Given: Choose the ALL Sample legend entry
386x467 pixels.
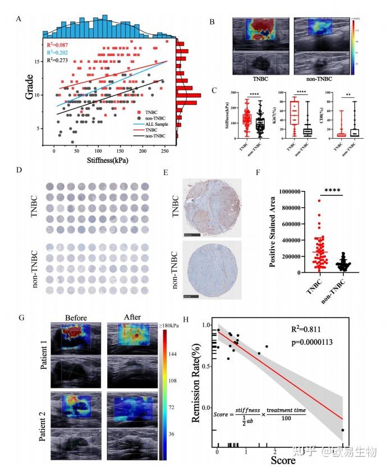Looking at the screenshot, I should (x=151, y=123).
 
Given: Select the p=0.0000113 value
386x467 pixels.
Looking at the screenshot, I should (x=309, y=342).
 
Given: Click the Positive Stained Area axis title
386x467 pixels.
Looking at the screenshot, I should (x=272, y=231).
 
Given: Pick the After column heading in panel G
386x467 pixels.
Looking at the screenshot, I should (x=128, y=317).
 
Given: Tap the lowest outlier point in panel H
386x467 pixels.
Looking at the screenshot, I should (x=342, y=431).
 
